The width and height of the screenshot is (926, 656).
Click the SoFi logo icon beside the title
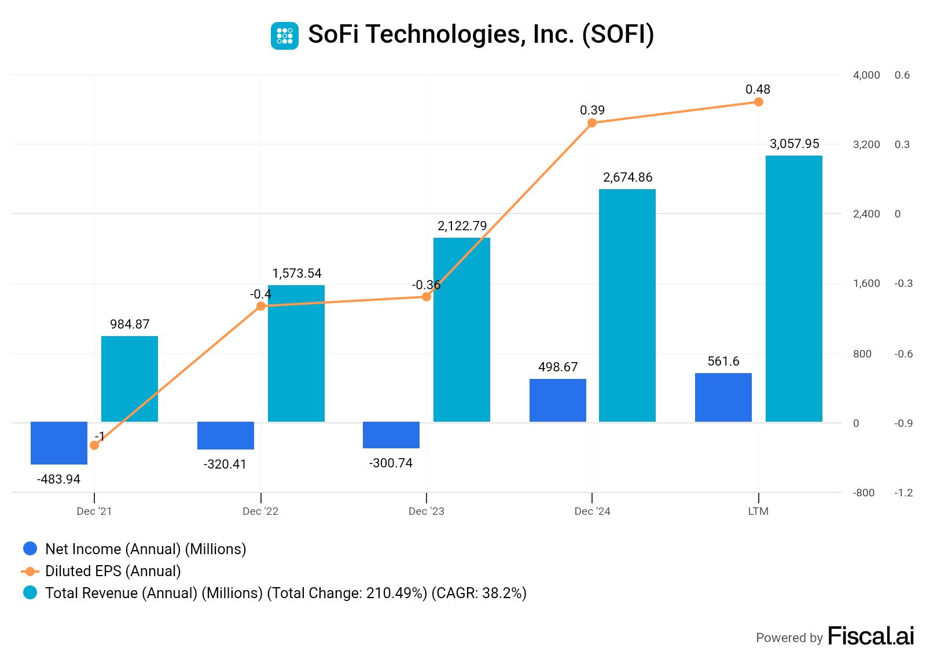285,35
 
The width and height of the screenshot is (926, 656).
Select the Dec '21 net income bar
59,443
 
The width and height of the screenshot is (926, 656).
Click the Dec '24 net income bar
558,400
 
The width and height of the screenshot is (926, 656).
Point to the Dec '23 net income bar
391,434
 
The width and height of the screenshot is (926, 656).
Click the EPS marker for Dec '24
592,123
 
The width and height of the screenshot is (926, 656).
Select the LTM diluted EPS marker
759,102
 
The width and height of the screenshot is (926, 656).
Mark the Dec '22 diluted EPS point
261,306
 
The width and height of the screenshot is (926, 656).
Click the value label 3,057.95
794,144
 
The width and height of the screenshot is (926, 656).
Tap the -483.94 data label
58,479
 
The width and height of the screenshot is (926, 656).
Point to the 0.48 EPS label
758,90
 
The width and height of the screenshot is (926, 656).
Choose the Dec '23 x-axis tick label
426,511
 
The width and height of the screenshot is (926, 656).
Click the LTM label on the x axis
758,511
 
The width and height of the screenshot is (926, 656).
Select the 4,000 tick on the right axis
866,75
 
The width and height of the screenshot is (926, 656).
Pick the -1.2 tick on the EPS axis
903,493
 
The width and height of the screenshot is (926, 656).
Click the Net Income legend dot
30,548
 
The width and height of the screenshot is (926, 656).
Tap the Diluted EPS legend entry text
113,571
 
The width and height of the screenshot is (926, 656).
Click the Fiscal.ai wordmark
870,636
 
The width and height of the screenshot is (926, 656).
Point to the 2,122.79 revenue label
462,226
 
